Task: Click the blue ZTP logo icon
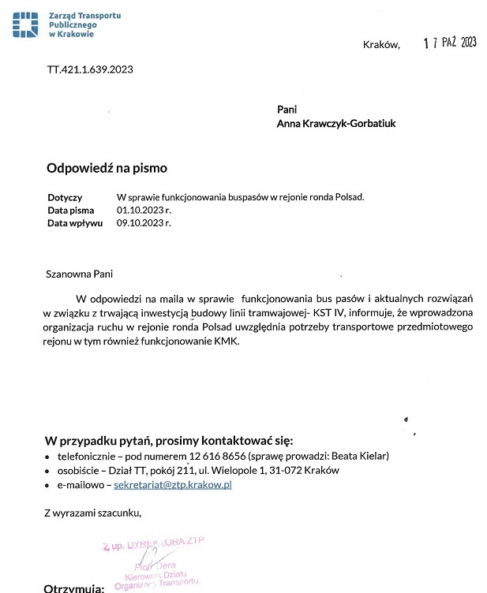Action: coord(26,25)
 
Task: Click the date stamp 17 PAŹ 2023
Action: coord(450,43)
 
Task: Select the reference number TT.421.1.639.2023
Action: coord(90,69)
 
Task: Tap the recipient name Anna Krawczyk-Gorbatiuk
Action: coord(336,123)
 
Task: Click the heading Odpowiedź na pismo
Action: coord(107,168)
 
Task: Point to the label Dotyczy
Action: coord(65,197)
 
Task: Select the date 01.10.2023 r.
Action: coord(144,210)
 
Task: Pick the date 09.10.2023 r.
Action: coord(144,222)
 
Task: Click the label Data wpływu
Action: coord(75,222)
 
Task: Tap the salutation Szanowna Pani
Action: coord(80,274)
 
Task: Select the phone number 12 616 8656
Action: coord(218,456)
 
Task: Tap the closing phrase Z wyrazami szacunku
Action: coord(93,513)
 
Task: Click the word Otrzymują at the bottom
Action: coord(74,587)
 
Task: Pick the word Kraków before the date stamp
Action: coord(381,45)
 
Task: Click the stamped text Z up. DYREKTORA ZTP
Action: coord(153,546)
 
